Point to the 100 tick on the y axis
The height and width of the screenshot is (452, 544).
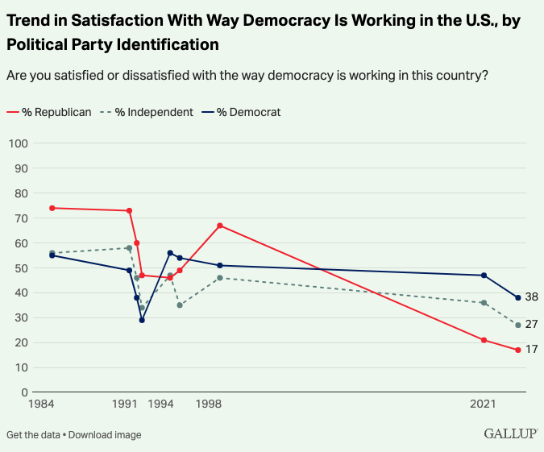19,143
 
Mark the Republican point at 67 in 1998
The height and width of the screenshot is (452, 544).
220,226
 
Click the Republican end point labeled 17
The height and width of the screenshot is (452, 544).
518,350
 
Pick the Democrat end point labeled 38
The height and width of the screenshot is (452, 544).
518,297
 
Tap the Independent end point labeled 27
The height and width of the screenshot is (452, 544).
518,325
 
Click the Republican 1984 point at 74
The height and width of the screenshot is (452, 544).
52,208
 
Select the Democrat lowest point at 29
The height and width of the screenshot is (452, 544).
142,320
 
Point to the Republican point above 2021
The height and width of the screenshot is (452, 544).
484,340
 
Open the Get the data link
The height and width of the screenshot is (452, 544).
33,435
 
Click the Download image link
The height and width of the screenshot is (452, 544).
105,435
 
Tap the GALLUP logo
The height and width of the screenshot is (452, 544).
510,433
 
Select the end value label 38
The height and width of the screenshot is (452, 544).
531,297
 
